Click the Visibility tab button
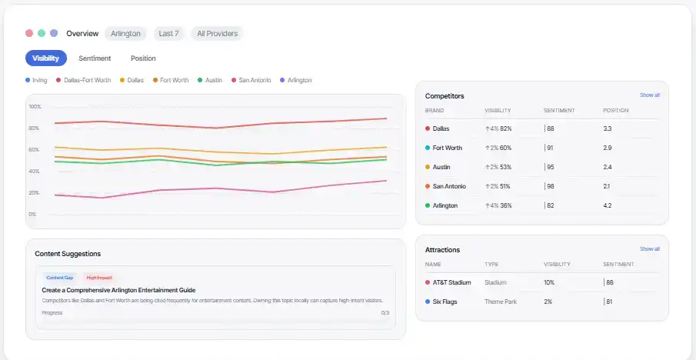point(46,58)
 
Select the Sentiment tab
point(95,58)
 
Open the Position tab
point(143,58)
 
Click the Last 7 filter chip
point(168,34)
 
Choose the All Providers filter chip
point(217,34)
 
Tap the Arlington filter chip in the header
point(125,34)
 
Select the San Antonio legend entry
point(255,80)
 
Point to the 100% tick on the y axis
point(35,106)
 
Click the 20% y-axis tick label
point(34,192)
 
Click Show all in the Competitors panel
point(649,95)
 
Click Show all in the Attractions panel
point(649,249)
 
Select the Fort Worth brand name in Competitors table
point(447,148)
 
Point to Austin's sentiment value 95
point(551,167)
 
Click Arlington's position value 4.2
point(608,205)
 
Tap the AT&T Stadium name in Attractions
point(451,282)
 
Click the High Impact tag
point(98,278)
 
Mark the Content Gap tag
point(60,278)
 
